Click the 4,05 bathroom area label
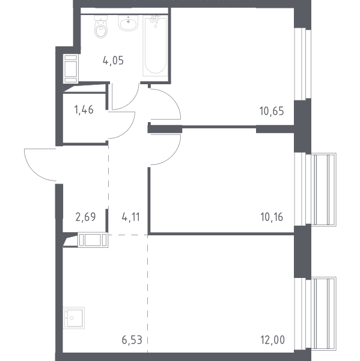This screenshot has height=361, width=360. coord(113,61)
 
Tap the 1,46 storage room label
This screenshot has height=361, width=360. coord(84,110)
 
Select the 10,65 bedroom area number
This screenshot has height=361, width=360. coord(272,111)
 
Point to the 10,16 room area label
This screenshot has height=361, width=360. coord(272,217)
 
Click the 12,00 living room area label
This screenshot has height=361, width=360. coord(272,340)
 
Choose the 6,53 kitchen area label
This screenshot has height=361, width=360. coord(132,340)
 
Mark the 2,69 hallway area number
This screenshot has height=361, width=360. coord(85,217)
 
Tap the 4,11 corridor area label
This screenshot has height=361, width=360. coord(130,217)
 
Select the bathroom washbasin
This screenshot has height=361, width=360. coord(128,23)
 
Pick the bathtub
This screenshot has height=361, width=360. coord(155,46)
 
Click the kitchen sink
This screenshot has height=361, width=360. coord(73,318)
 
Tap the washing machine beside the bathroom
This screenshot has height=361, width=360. coord(71,69)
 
